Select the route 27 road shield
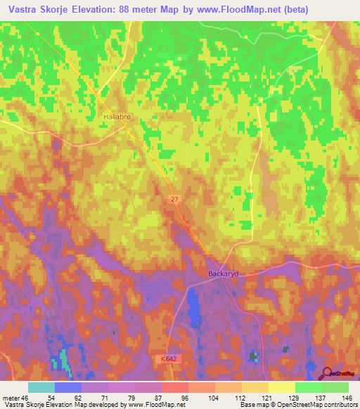[x=174, y=200]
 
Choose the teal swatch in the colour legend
[x=41, y=387]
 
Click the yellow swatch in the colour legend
[x=281, y=387]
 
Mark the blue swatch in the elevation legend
[x=68, y=387]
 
